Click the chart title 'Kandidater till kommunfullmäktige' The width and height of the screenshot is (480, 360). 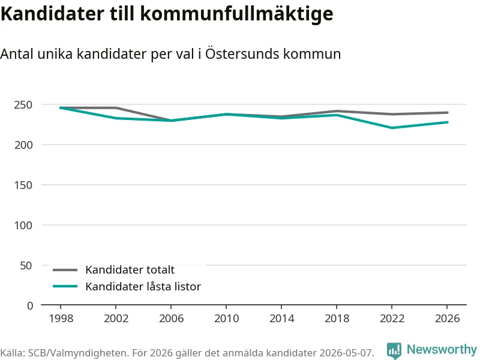(x=167, y=14)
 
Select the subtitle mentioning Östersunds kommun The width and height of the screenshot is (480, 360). (x=170, y=54)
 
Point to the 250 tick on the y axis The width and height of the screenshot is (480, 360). (x=23, y=105)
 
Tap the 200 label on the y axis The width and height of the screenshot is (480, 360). (x=23, y=145)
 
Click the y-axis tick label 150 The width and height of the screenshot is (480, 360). (x=23, y=185)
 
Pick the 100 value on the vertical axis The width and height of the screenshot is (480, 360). (x=23, y=226)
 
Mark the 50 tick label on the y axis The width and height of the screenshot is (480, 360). (x=26, y=266)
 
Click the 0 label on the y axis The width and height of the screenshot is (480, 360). (x=29, y=306)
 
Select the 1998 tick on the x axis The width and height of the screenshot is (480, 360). (x=61, y=319)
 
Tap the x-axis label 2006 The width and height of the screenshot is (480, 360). (x=171, y=319)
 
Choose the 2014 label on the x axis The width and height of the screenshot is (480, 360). (x=281, y=319)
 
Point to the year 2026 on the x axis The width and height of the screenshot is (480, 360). (x=447, y=319)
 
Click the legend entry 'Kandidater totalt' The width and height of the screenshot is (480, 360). (x=130, y=270)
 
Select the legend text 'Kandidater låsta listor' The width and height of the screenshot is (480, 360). (x=143, y=287)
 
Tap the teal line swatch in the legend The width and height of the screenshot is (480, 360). (x=65, y=287)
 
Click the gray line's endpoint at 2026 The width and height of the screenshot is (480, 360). (x=447, y=113)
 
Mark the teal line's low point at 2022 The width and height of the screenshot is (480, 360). (x=392, y=128)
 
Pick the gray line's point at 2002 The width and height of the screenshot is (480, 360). (x=116, y=108)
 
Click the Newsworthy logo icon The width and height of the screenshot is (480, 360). (x=394, y=350)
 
